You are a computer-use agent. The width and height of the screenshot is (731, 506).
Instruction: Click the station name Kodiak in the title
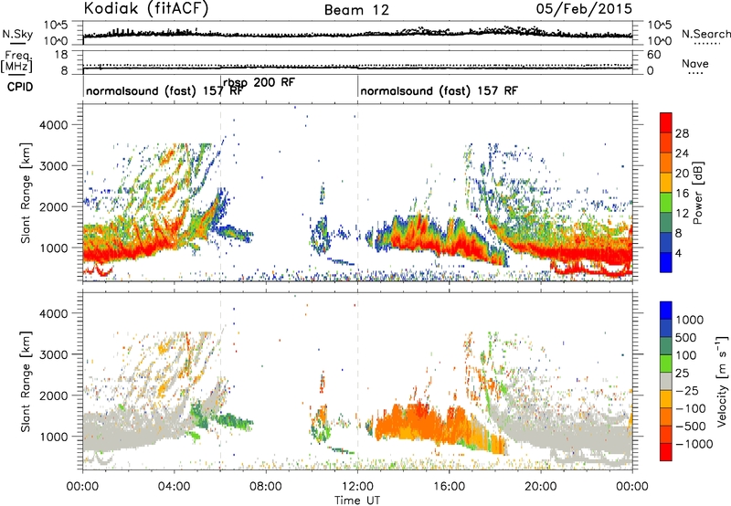pos(111,8)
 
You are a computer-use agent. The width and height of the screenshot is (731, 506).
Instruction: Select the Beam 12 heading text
pos(356,10)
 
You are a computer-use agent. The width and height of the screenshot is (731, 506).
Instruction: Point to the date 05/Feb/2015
pos(584,9)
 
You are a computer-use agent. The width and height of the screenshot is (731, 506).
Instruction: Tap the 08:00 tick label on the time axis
pos(266,487)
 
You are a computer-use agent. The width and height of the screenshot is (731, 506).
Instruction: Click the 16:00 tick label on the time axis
pos(449,487)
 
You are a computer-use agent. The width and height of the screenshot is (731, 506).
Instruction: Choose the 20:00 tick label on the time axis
pos(541,487)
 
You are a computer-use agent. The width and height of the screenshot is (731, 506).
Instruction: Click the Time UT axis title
pos(357,500)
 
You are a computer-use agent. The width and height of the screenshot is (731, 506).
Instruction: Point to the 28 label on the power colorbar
pos(682,133)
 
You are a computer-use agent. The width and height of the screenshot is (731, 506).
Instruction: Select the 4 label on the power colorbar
pos(678,254)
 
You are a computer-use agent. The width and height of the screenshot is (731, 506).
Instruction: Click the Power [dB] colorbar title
pos(698,193)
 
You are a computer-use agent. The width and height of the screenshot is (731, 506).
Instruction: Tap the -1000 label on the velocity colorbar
pos(694,444)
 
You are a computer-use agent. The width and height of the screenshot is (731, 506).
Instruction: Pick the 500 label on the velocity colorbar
pos(686,338)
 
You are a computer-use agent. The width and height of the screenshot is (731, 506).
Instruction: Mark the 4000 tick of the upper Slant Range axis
pos(54,125)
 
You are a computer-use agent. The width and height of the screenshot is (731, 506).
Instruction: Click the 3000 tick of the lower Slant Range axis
pos(54,354)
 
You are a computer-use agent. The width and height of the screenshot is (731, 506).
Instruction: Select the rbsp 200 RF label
pos(259,82)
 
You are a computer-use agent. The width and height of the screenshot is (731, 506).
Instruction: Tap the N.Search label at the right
pos(705,34)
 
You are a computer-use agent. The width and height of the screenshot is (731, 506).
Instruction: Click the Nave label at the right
pos(695,64)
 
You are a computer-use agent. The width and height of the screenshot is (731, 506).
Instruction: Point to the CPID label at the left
pos(20,87)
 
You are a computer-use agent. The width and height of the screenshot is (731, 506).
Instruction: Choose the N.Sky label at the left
pos(17,34)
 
